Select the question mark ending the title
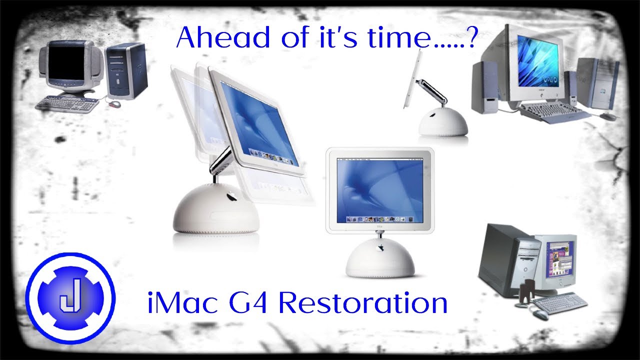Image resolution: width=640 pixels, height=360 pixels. pyautogui.click(x=470, y=37)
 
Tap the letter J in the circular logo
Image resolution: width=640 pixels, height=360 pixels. pyautogui.click(x=69, y=298)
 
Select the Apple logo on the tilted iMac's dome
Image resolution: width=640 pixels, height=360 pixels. pyautogui.click(x=231, y=196)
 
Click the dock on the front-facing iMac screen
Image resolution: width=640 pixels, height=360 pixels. pyautogui.click(x=380, y=218)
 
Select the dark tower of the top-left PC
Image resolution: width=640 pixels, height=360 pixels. pyautogui.click(x=127, y=70)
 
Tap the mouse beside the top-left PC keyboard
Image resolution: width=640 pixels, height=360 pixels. pyautogui.click(x=114, y=104)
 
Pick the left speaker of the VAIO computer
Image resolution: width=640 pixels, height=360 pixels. pyautogui.click(x=484, y=87)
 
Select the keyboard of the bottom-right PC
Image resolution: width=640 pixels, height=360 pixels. pyautogui.click(x=559, y=302)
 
